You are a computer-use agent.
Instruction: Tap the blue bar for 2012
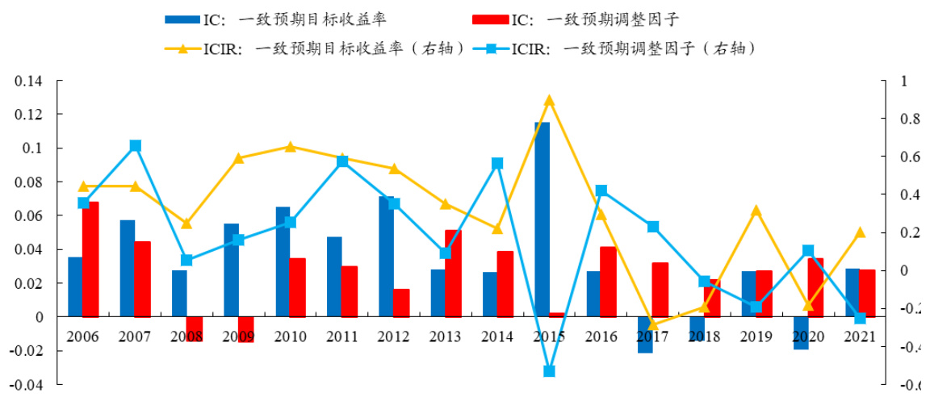pos(386,257)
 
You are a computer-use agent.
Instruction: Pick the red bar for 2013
pos(454,274)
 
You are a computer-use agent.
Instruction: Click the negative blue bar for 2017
pos(645,335)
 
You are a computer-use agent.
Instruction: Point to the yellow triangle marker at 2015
pos(550,101)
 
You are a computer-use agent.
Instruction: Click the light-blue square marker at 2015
pos(550,371)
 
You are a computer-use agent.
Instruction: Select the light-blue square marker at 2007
pos(136,146)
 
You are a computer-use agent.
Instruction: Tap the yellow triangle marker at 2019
pos(756,211)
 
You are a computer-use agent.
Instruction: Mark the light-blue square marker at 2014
pos(497,164)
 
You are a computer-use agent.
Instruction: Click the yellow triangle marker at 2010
pos(291,147)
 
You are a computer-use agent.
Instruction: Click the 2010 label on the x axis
pos(291,336)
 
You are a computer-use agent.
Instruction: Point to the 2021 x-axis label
pos(860,336)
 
